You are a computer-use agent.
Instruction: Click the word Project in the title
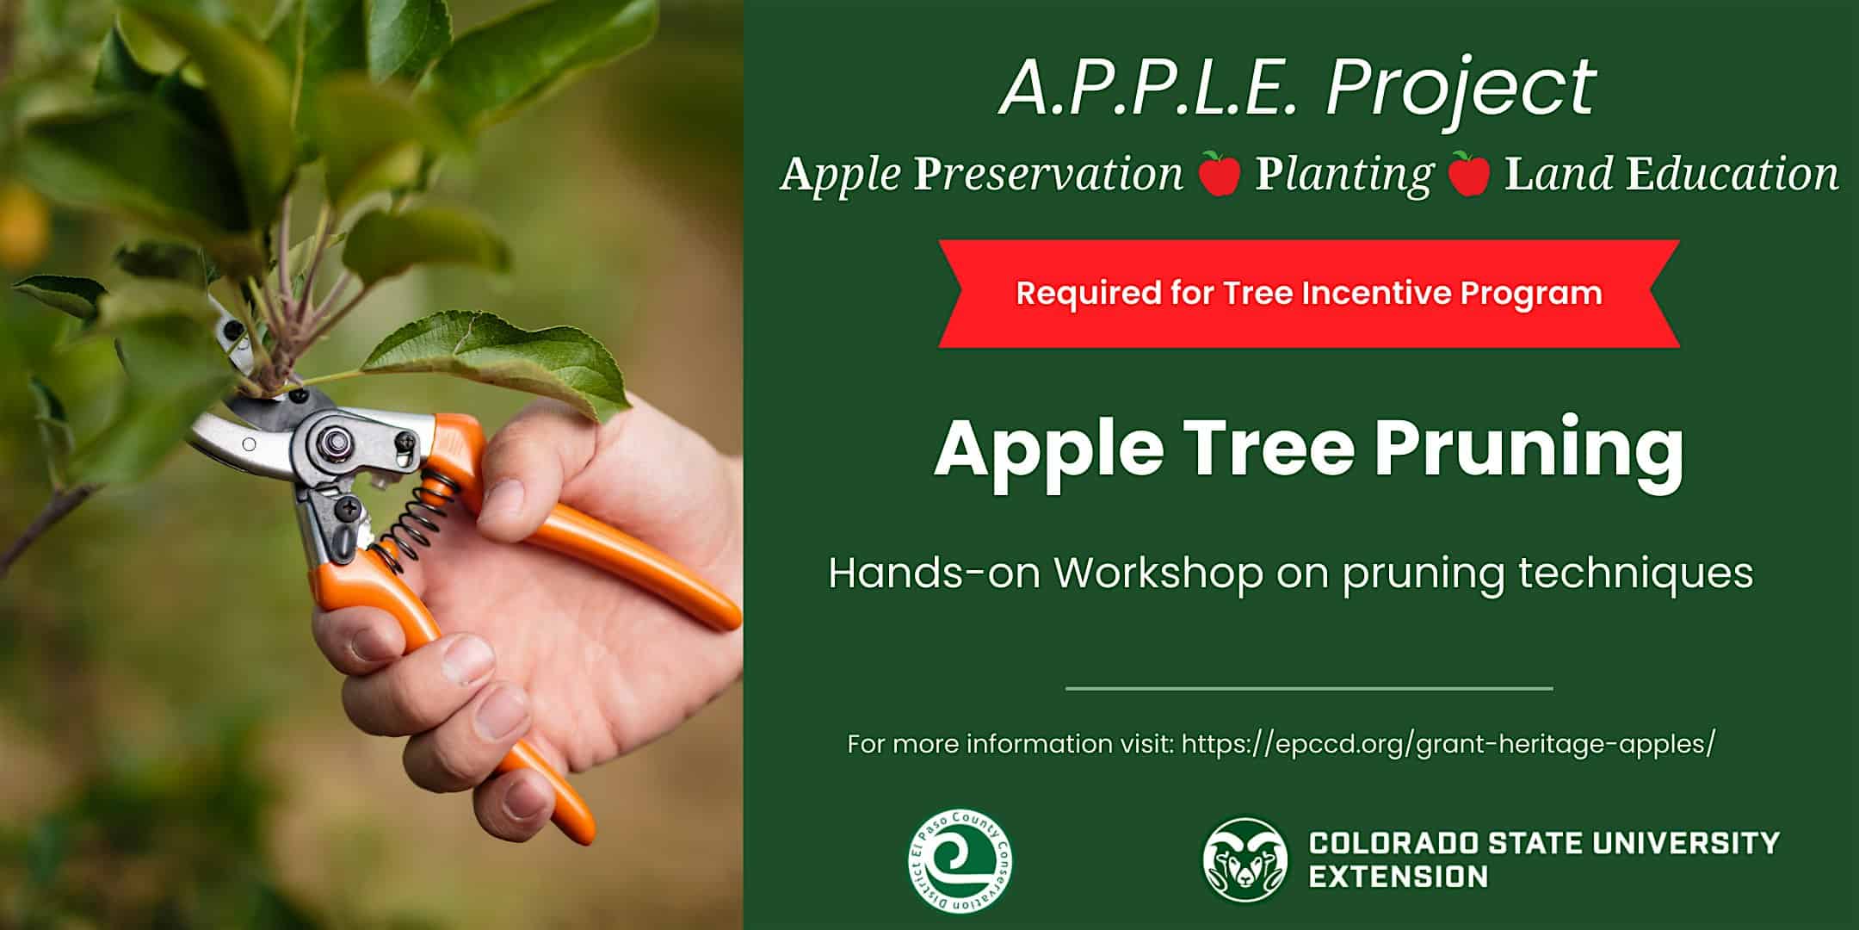pos(1461,88)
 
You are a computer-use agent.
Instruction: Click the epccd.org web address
pos(1448,743)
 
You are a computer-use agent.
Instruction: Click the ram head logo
pos(1245,859)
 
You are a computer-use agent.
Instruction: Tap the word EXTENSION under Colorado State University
pos(1398,877)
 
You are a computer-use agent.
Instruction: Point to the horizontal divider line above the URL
pos(1309,689)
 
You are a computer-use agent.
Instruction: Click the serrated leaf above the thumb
pos(499,363)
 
